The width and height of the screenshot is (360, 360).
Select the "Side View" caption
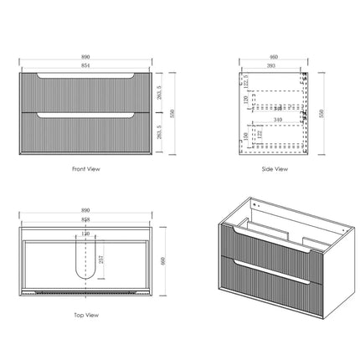(275, 168)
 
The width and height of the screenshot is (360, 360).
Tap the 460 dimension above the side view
(275, 57)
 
